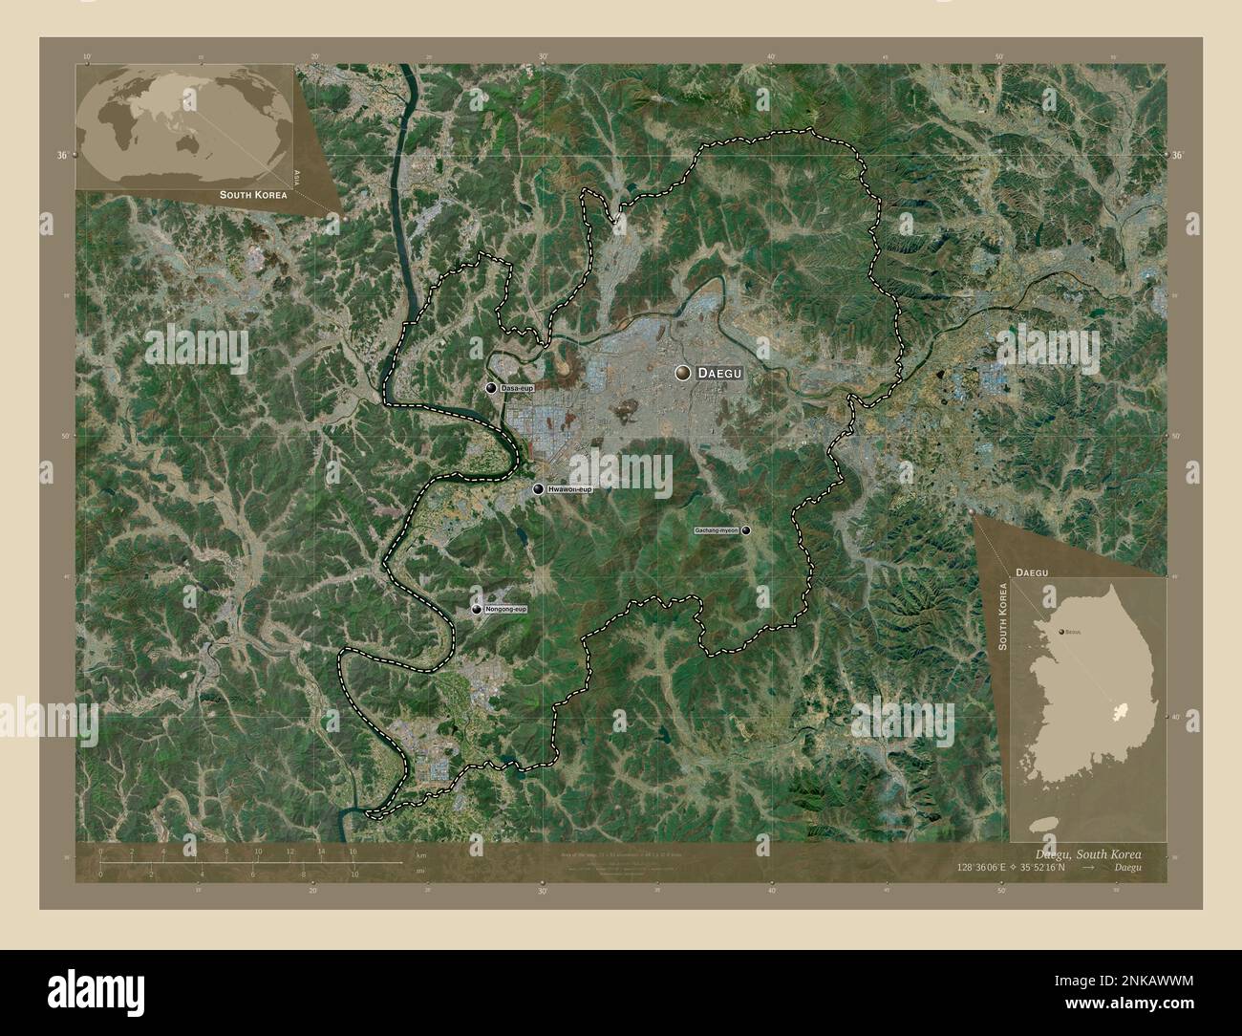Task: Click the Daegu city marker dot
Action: [x=682, y=374]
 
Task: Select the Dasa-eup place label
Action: [x=517, y=388]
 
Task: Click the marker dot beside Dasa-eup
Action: [x=491, y=388]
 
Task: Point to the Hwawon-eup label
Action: [x=570, y=489]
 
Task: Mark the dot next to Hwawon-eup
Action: [x=540, y=489]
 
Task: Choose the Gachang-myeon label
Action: [x=717, y=529]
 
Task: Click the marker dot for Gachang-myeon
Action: [x=746, y=529]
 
